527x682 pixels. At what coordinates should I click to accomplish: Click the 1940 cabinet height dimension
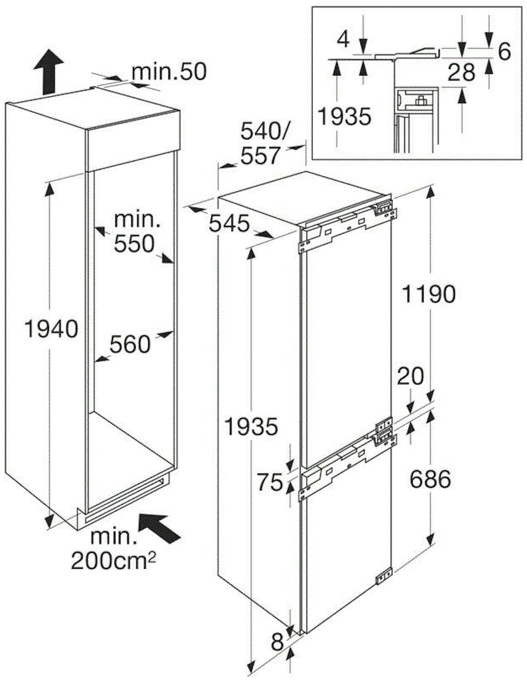pyautogui.click(x=51, y=329)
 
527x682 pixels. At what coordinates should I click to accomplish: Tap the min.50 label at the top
pyautogui.click(x=169, y=72)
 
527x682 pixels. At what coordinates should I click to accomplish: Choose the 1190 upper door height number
pyautogui.click(x=429, y=295)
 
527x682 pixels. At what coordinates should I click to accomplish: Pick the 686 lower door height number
pyautogui.click(x=430, y=479)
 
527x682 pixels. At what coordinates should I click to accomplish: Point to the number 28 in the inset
pyautogui.click(x=461, y=72)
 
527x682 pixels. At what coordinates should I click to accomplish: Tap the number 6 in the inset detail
pyautogui.click(x=504, y=51)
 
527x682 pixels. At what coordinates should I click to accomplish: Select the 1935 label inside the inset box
pyautogui.click(x=345, y=116)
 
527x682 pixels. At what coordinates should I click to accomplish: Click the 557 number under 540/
pyautogui.click(x=260, y=156)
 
